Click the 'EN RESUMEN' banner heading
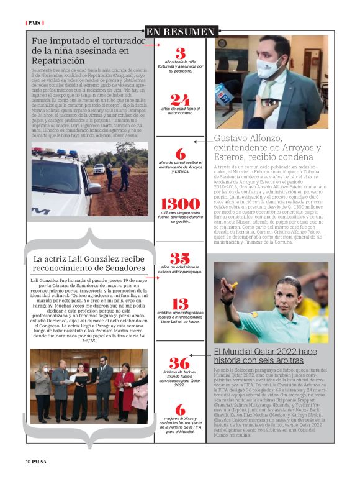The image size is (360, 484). (x=180, y=31)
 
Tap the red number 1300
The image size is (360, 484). (x=180, y=203)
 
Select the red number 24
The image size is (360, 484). (x=180, y=100)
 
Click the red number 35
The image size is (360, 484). (x=180, y=258)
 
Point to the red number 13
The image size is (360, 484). (x=180, y=304)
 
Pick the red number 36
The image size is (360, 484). (x=180, y=363)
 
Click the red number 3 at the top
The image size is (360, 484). (x=180, y=53)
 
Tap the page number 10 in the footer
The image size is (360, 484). (x=29, y=461)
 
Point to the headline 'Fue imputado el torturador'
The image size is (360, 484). (x=85, y=41)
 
